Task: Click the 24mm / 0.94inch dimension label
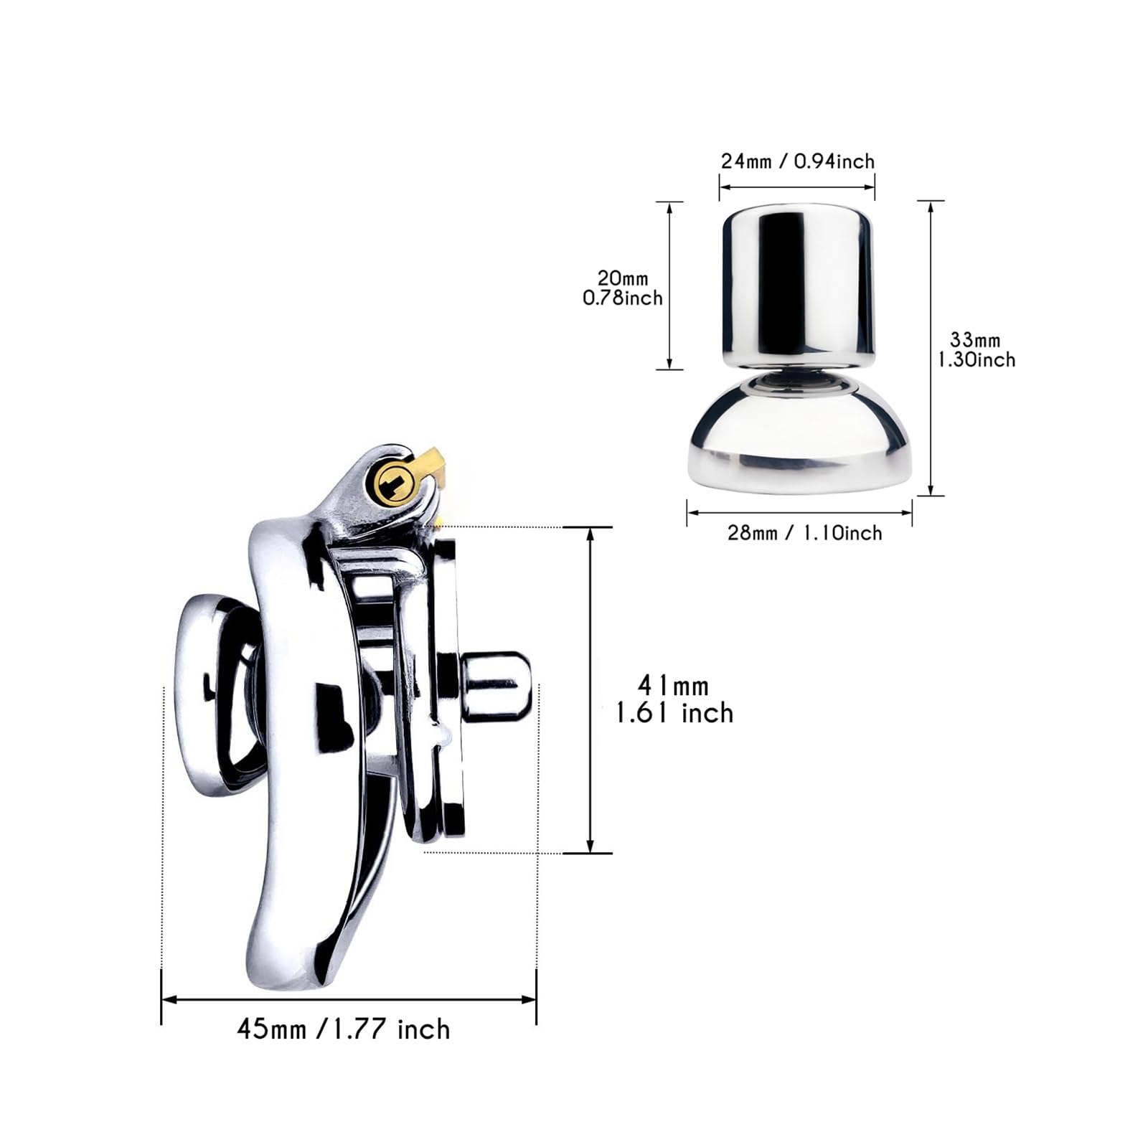click(798, 161)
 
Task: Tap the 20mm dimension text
click(623, 278)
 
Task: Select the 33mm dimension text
click(975, 339)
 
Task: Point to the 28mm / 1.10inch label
click(804, 533)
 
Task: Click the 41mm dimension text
click(673, 686)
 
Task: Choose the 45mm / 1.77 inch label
click(344, 1029)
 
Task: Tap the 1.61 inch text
click(675, 713)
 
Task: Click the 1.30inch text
click(977, 359)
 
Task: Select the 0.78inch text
click(623, 298)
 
